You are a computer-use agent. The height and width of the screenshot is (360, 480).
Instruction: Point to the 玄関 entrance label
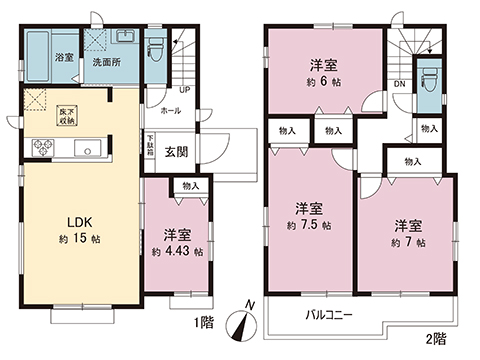(x=176, y=150)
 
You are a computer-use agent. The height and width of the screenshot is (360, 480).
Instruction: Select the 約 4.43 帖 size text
(x=176, y=253)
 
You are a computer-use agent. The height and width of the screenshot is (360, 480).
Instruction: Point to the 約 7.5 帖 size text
(x=308, y=227)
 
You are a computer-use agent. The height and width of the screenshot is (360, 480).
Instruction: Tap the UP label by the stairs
(x=185, y=89)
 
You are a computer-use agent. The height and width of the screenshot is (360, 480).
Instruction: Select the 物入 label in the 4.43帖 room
(x=190, y=185)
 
